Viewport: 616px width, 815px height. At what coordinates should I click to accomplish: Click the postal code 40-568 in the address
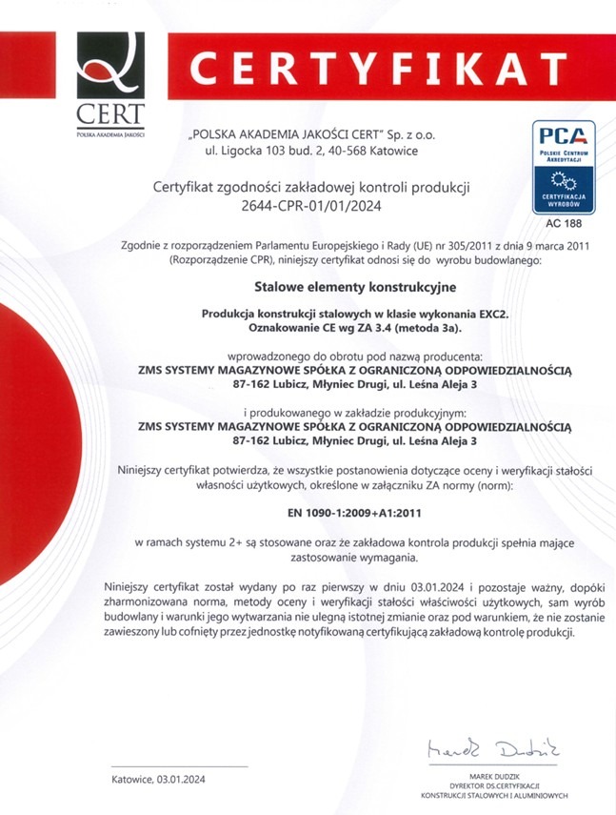(352, 151)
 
